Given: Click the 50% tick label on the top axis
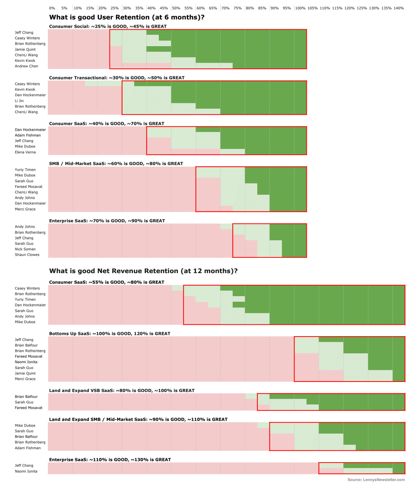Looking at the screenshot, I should (176, 8).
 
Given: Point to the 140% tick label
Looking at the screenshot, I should (399, 8).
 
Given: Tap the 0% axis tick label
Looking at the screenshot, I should (52, 8).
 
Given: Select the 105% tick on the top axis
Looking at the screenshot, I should (312, 8).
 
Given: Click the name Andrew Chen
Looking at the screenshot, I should (26, 66).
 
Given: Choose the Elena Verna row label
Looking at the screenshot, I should (25, 152).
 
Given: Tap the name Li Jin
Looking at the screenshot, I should (19, 101).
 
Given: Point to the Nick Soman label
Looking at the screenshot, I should (25, 249).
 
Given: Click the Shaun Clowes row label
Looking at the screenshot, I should (27, 255).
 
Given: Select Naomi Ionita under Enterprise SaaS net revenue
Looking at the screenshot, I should (26, 472).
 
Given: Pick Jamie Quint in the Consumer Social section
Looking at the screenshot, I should (25, 50).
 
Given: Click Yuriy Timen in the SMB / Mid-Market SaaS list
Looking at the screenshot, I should (25, 170).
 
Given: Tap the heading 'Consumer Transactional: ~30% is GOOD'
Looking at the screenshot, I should (117, 78).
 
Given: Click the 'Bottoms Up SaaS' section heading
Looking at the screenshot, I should (110, 334).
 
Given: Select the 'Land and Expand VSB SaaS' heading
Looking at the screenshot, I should (122, 391).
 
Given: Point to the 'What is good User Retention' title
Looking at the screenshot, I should (126, 17).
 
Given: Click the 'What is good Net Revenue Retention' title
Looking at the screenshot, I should (143, 271).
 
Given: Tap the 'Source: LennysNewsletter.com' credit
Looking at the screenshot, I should (376, 480).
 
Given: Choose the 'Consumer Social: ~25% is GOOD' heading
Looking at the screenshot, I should (108, 27).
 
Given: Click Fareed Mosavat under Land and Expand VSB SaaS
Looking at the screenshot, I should (29, 408).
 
